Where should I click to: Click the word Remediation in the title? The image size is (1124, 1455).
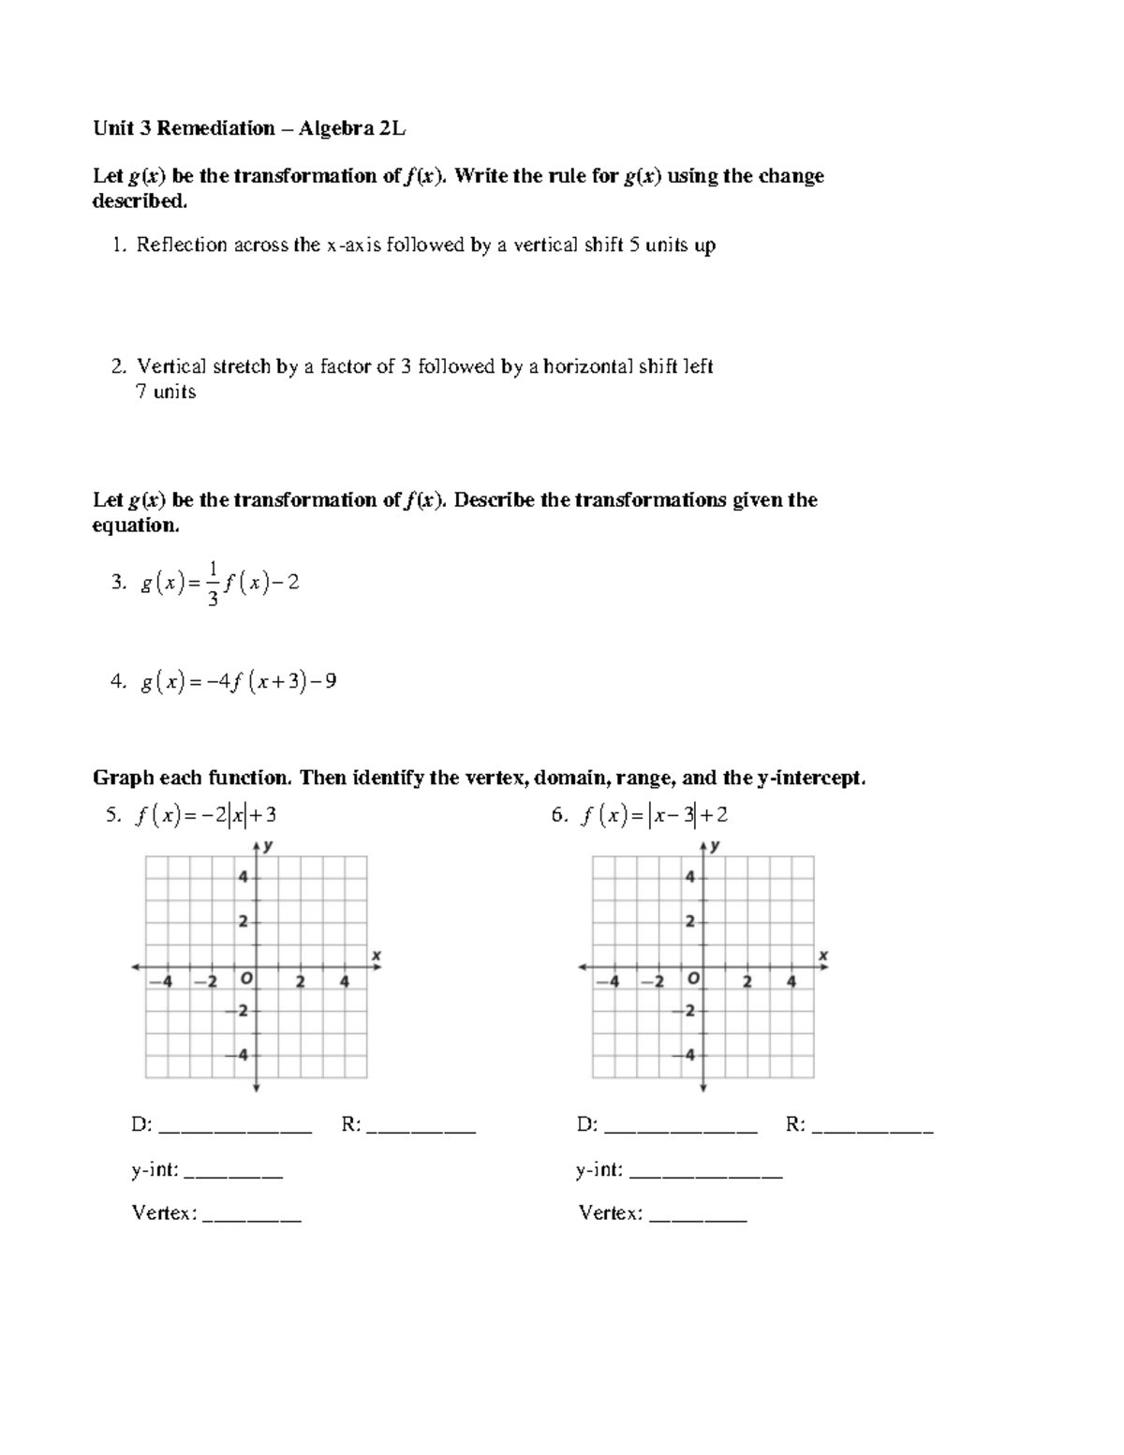pyautogui.click(x=215, y=128)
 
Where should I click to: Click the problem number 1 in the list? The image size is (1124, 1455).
pyautogui.click(x=116, y=245)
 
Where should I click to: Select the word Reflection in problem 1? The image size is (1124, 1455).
pyautogui.click(x=182, y=245)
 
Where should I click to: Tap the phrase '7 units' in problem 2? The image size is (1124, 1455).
pyautogui.click(x=166, y=392)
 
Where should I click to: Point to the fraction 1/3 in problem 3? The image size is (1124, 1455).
pyautogui.click(x=214, y=583)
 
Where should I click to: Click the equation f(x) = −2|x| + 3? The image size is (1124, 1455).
pyautogui.click(x=205, y=815)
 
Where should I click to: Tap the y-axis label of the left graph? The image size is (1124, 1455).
pyautogui.click(x=269, y=845)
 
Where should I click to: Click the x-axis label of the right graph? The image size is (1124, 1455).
pyautogui.click(x=823, y=955)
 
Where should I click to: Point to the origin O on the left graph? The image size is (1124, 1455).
pyautogui.click(x=245, y=979)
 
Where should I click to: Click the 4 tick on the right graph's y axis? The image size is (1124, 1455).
pyautogui.click(x=689, y=878)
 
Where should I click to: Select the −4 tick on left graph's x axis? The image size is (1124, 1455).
pyautogui.click(x=165, y=982)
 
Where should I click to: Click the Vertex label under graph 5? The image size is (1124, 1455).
pyautogui.click(x=164, y=1213)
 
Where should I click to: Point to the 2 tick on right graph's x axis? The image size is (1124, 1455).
pyautogui.click(x=747, y=982)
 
